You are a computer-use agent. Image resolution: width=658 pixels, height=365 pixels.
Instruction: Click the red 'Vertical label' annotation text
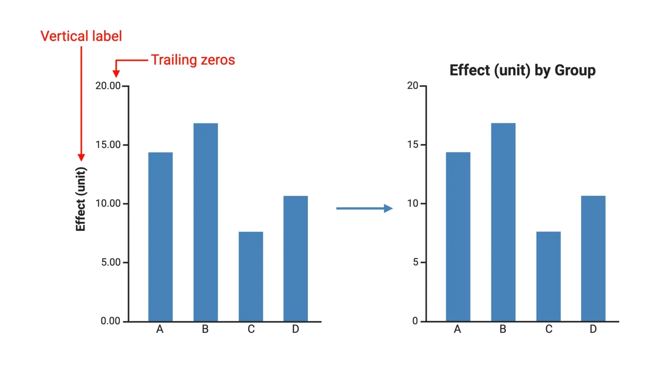81,36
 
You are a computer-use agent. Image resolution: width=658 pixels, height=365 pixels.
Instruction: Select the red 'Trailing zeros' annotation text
193,60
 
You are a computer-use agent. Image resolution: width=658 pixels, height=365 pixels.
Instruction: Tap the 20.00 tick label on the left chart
108,86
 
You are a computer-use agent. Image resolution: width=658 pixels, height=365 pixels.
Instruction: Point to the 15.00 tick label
108,145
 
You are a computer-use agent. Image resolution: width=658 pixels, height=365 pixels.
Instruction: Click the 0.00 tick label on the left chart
111,321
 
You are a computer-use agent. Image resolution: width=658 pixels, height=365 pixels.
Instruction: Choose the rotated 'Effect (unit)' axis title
81,199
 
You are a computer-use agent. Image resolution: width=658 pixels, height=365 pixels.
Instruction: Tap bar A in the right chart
458,237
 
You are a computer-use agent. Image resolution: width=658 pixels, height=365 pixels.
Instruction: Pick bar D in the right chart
593,259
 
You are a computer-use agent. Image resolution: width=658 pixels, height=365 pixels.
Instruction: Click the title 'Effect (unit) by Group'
522,71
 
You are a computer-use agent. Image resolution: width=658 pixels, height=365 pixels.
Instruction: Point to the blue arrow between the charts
364,209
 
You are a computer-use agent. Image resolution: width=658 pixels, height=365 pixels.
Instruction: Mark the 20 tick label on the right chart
413,86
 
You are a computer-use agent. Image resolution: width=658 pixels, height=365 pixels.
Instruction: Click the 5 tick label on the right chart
415,262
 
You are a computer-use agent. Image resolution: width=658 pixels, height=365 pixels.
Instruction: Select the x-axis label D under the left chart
296,329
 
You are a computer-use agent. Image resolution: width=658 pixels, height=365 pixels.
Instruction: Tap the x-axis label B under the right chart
503,329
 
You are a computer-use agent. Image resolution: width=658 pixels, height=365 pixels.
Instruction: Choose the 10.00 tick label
108,203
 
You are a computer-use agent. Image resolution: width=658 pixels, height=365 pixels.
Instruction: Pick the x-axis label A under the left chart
160,329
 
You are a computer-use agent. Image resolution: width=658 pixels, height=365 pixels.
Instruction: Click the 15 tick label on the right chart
413,145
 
